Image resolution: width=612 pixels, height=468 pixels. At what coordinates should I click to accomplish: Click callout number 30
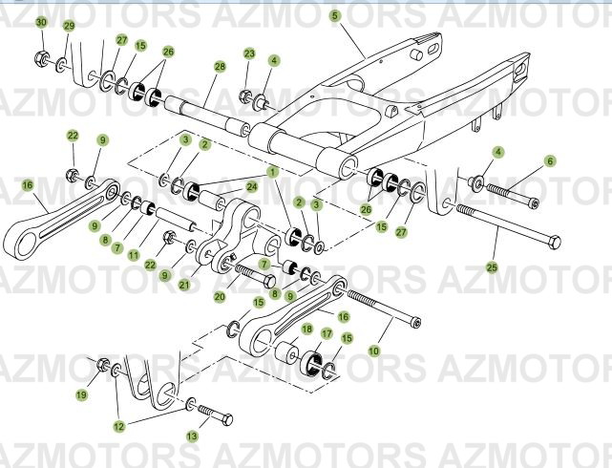(x=41, y=22)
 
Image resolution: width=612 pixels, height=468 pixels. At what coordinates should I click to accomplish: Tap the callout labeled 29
(x=69, y=26)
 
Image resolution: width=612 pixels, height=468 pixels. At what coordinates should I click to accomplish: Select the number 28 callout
(x=220, y=67)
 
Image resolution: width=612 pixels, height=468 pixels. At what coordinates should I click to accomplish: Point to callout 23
(x=249, y=53)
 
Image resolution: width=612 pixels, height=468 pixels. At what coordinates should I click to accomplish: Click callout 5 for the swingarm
(x=334, y=15)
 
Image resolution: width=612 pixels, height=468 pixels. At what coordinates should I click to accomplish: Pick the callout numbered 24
(x=252, y=186)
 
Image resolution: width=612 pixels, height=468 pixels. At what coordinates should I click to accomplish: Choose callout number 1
(x=273, y=172)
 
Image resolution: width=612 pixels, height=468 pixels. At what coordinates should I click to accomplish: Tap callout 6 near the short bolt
(x=550, y=161)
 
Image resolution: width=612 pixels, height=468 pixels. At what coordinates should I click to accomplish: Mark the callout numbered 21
(x=209, y=285)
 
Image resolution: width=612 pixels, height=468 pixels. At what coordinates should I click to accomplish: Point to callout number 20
(x=219, y=297)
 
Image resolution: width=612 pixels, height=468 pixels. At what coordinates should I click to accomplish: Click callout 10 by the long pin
(x=372, y=351)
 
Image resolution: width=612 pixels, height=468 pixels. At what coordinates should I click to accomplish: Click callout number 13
(x=192, y=436)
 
